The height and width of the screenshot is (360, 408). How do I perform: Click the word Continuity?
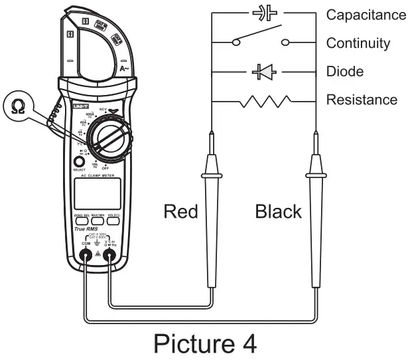pyautogui.click(x=358, y=43)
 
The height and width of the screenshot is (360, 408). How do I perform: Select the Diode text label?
pyautogui.click(x=345, y=71)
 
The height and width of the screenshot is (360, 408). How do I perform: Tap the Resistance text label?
pyautogui.click(x=362, y=100)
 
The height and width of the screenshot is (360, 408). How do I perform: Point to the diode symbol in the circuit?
pyautogui.click(x=263, y=71)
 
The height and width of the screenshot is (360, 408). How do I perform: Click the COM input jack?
pyautogui.click(x=86, y=254)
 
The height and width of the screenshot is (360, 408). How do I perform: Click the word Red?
pyautogui.click(x=180, y=212)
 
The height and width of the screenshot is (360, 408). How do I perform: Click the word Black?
pyautogui.click(x=278, y=212)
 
